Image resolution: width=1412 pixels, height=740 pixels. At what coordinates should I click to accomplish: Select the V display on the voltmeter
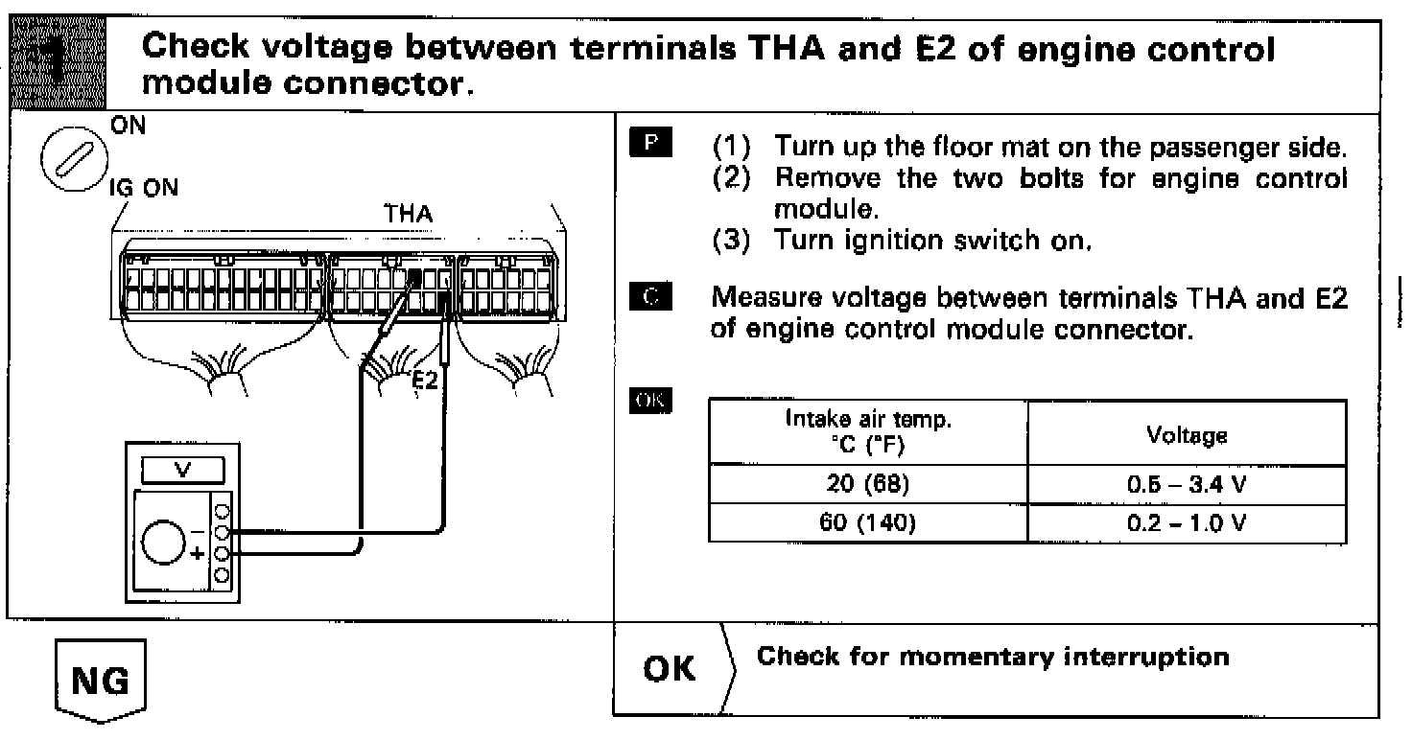click(183, 471)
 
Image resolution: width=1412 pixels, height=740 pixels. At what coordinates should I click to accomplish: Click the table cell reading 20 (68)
click(867, 484)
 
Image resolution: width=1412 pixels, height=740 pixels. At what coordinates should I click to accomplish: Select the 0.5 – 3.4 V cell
click(1187, 485)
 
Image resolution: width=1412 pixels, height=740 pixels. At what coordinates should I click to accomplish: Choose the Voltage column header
click(1187, 435)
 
